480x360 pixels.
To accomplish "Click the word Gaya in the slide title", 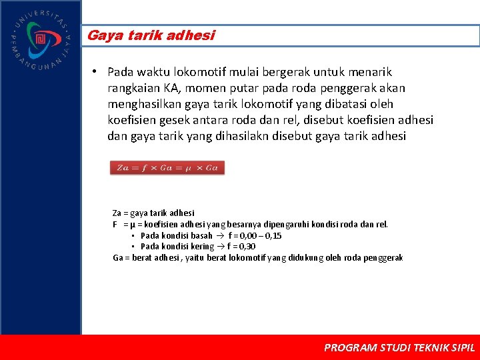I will coord(101,35).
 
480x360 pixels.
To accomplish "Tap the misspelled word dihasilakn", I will coord(253,136).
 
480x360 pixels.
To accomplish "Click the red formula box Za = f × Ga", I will coord(167,167).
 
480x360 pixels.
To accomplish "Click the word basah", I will coord(201,235).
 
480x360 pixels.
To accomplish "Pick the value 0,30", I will coord(247,246).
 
